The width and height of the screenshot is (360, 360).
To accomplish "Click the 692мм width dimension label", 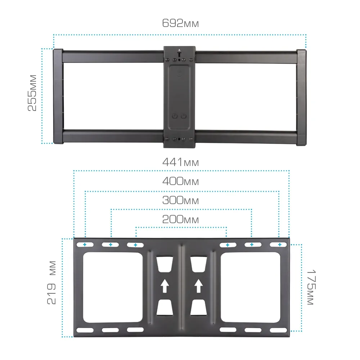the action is pyautogui.click(x=180, y=23).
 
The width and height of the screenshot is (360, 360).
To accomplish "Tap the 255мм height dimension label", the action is pyautogui.click(x=32, y=93).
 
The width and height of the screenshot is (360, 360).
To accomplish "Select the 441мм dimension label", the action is pyautogui.click(x=180, y=162).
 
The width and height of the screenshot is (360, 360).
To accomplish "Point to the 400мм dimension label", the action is pyautogui.click(x=180, y=181).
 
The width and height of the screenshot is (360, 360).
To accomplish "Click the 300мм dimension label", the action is pyautogui.click(x=180, y=200).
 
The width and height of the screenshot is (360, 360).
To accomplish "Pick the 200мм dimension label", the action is pyautogui.click(x=180, y=219).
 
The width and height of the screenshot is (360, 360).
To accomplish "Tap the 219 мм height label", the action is pyautogui.click(x=51, y=283).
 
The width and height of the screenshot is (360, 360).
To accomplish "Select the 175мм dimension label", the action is pyautogui.click(x=311, y=287).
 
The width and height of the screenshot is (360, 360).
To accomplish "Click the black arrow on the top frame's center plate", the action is pyautogui.click(x=179, y=53).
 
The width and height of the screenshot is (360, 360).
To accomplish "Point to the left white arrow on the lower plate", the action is pyautogui.click(x=165, y=286).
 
